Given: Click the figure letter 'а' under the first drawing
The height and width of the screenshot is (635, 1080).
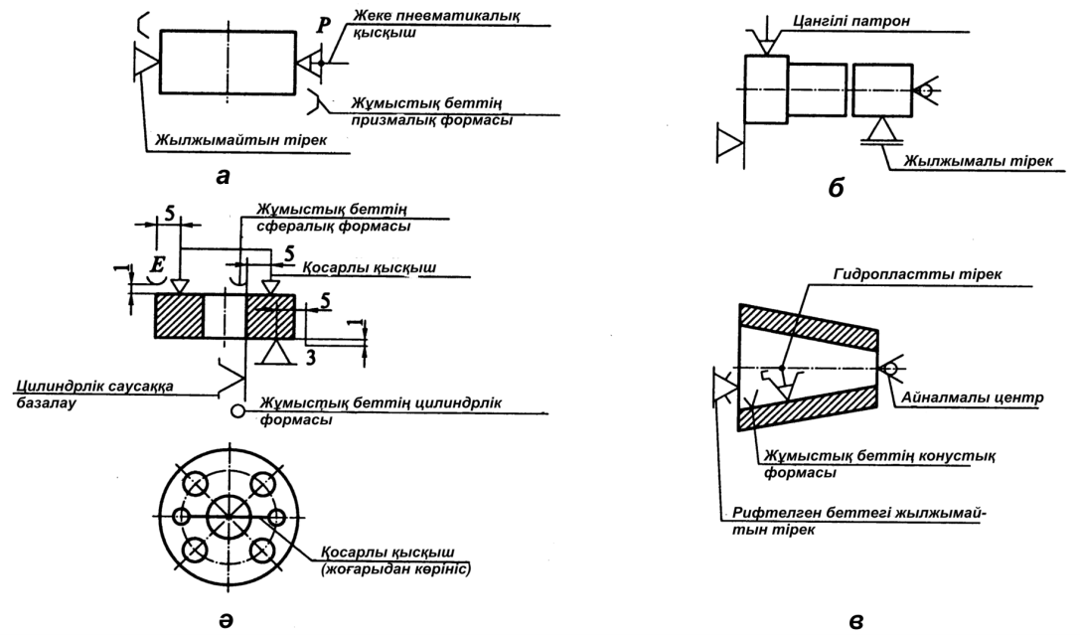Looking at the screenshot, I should [224, 176].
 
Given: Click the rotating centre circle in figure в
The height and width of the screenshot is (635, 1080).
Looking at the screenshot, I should [890, 370].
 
